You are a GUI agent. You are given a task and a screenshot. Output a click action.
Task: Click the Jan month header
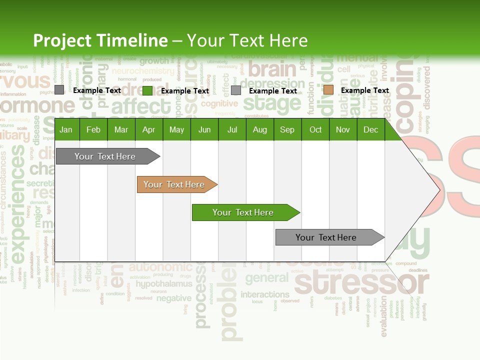click(66, 130)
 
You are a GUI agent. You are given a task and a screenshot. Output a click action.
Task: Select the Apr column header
click(148, 130)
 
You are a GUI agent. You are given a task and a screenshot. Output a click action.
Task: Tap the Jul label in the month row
click(232, 130)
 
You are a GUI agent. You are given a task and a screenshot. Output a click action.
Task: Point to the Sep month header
click(287, 130)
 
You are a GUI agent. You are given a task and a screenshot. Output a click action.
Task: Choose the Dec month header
click(370, 130)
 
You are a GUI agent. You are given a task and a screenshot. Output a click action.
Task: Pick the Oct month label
click(315, 130)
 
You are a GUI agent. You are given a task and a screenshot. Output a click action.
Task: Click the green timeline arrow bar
click(245, 212)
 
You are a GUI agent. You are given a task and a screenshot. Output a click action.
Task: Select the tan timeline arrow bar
click(176, 184)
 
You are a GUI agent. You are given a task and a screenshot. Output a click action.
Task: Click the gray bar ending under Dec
click(328, 237)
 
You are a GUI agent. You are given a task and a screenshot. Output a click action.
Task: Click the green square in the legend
click(147, 90)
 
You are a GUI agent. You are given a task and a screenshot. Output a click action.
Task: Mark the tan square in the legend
click(328, 90)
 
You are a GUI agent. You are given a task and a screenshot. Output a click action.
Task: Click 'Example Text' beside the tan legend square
click(364, 90)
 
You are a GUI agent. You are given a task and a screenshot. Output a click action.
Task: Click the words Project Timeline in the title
click(100, 40)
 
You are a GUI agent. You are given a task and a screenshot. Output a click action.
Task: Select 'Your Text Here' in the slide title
click(247, 40)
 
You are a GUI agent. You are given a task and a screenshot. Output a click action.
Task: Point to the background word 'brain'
click(272, 69)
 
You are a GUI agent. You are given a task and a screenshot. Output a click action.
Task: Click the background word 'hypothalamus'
click(164, 284)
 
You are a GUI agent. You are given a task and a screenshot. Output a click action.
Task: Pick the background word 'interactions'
click(265, 294)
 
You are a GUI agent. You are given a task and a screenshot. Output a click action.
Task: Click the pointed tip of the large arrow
click(439, 189)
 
